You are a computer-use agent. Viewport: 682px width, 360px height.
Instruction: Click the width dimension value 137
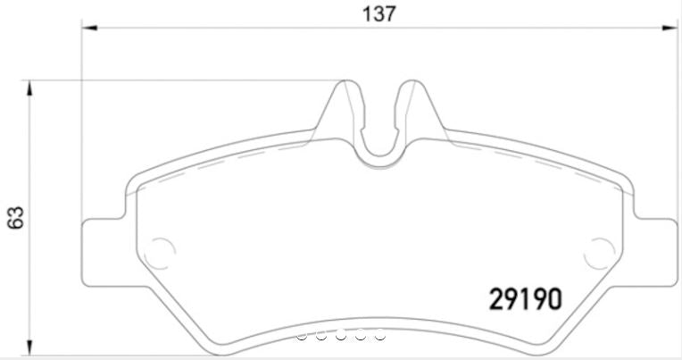tap(378, 13)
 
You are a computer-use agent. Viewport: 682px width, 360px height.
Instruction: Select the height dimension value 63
tap(15, 216)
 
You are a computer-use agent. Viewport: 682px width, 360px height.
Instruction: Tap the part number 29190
tap(526, 297)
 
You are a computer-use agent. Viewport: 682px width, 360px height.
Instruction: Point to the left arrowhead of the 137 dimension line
tap(87, 29)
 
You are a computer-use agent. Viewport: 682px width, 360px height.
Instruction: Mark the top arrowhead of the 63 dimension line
tap(31, 86)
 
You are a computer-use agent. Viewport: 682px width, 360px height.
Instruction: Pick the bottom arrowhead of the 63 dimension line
tap(31, 349)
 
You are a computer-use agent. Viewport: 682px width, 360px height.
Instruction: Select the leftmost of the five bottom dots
tap(302, 336)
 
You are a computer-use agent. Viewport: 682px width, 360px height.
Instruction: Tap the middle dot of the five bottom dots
tap(341, 336)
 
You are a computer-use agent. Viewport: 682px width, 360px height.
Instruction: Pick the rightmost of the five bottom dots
tap(379, 336)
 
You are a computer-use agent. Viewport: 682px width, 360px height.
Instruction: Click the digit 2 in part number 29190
tap(498, 297)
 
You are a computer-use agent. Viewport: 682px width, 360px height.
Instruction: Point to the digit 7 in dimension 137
tap(389, 13)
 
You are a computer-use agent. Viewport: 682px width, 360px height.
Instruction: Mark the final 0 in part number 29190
tap(553, 297)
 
